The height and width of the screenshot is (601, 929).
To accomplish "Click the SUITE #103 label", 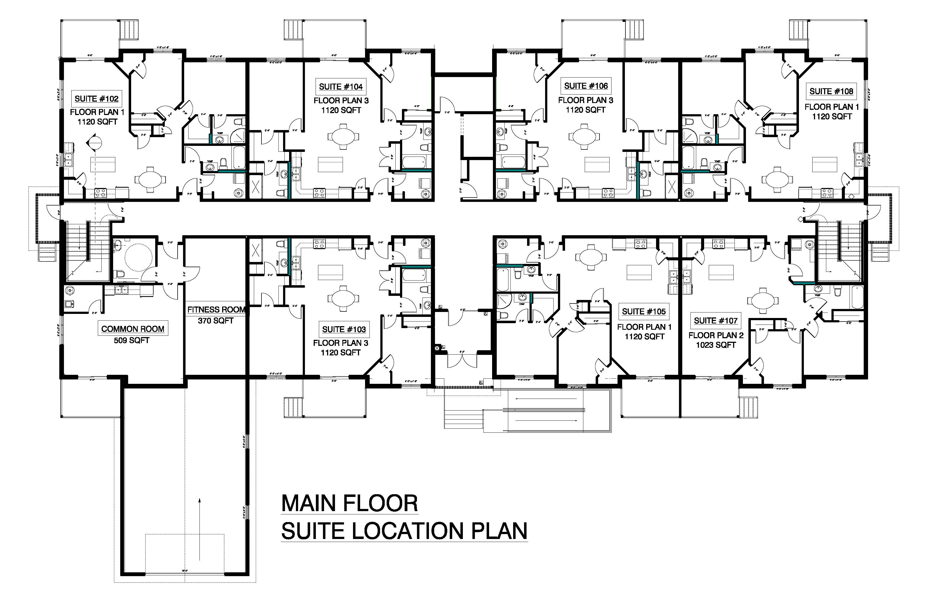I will [343, 330].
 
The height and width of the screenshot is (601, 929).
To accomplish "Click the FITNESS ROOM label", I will [216, 310].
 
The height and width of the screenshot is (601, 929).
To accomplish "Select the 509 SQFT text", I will [131, 341].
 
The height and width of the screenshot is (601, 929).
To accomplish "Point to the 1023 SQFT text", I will [716, 345].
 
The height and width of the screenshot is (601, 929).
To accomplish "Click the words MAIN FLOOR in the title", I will [349, 504].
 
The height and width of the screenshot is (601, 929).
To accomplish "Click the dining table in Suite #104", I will [343, 137].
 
